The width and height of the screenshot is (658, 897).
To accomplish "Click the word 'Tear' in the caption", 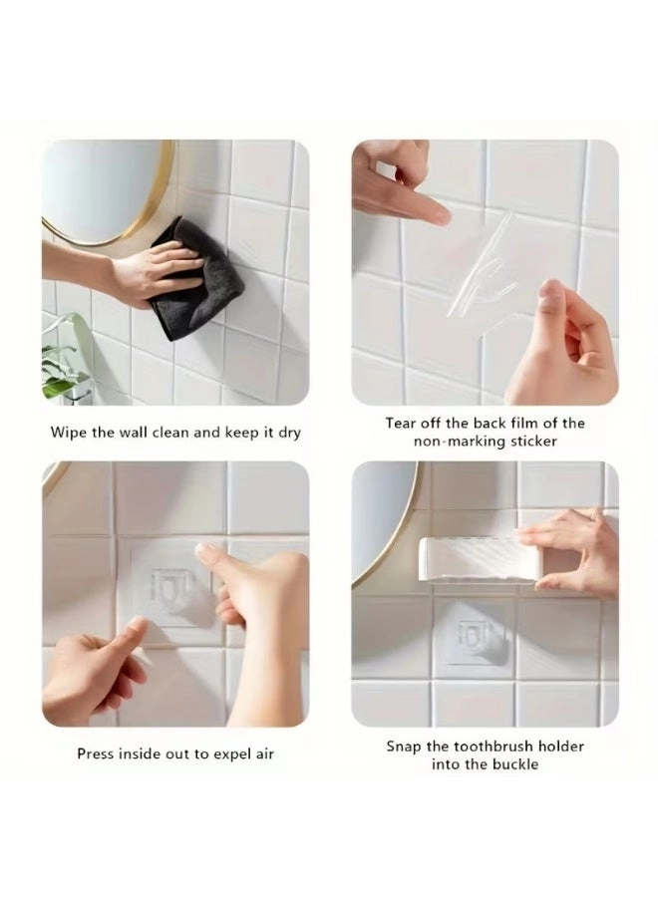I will point(404,423).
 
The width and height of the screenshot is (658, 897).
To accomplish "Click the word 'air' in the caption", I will point(263,753).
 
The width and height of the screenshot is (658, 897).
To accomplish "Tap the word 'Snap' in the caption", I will point(405,746).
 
